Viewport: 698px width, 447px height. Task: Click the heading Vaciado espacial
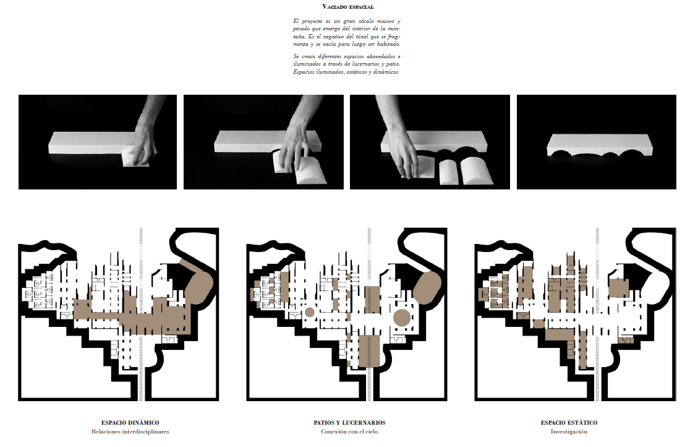click(348, 7)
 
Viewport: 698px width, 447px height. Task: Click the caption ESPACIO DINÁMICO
click(130, 422)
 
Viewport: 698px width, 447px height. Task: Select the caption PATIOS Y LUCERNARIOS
click(349, 422)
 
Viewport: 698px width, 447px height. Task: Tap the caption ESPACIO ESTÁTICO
click(569, 422)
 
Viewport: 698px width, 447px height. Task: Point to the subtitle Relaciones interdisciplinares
click(130, 432)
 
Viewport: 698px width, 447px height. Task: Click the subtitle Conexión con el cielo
click(349, 432)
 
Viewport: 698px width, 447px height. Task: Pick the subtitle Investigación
click(569, 432)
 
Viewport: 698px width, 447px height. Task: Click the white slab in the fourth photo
click(600, 144)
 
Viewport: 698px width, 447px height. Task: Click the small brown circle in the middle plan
click(310, 312)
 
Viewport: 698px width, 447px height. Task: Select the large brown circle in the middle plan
click(402, 317)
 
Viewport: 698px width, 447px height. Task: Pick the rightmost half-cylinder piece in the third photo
click(476, 170)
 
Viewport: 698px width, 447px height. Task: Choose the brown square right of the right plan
click(619, 288)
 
